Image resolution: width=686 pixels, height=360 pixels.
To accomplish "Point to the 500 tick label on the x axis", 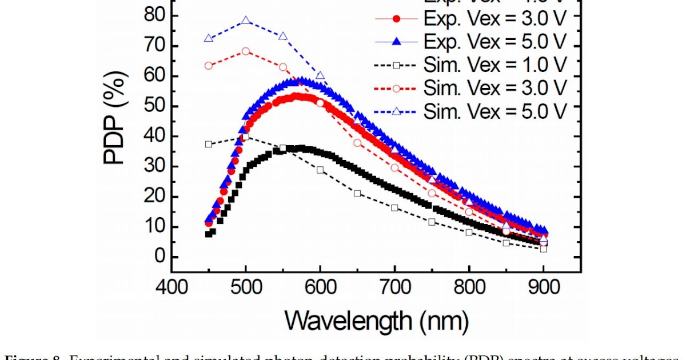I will (246, 287).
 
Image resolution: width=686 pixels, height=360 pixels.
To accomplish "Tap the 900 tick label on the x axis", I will (543, 287).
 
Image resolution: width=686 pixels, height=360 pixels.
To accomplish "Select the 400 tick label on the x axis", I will (171, 287).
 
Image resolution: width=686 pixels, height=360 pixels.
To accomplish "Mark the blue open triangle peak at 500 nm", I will (246, 21).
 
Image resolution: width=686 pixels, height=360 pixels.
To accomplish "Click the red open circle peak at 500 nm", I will (246, 51).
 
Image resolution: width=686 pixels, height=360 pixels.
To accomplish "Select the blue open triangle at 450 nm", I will (209, 38).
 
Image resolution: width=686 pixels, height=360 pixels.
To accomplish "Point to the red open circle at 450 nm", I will (209, 66).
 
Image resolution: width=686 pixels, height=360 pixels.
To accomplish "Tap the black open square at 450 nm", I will (209, 144).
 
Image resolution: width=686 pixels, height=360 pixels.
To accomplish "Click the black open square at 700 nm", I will (394, 207).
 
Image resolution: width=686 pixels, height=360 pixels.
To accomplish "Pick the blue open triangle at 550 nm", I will (283, 36).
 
